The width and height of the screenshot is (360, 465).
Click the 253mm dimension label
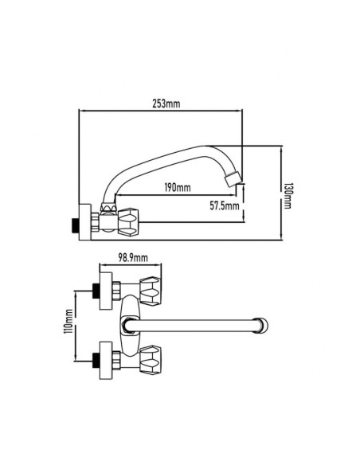[166, 104]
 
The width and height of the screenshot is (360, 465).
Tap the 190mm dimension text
[178, 187]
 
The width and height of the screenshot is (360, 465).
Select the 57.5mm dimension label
[225, 205]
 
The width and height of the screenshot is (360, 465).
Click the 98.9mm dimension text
[133, 258]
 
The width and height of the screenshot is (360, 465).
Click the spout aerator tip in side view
[233, 179]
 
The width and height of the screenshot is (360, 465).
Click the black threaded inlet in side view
[76, 226]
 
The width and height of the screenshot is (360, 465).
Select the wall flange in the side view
[84, 222]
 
